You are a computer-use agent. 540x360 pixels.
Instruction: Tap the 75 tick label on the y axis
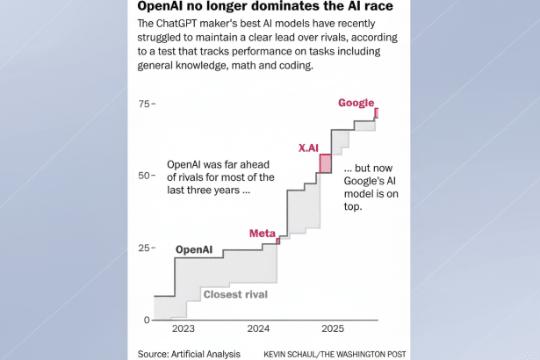[144, 104]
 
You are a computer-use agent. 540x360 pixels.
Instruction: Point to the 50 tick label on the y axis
[144, 176]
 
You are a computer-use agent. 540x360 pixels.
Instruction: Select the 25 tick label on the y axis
[144, 248]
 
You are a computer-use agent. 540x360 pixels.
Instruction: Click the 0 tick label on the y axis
[148, 320]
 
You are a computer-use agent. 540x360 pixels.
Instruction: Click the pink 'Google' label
[356, 103]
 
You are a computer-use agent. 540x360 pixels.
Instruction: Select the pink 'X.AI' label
[307, 148]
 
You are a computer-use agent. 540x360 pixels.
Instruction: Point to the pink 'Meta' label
[262, 233]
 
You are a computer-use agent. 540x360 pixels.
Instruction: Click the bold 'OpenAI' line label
[194, 249]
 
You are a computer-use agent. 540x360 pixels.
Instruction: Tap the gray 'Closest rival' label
[234, 294]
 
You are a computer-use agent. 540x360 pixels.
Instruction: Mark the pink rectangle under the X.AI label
[325, 163]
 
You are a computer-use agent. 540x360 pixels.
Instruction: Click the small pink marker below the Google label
[376, 113]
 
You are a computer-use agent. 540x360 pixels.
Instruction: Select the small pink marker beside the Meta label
[277, 240]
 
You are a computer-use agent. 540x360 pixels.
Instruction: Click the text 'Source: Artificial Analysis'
[189, 353]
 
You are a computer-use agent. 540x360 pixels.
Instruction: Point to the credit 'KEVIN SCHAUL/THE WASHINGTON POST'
[334, 353]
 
